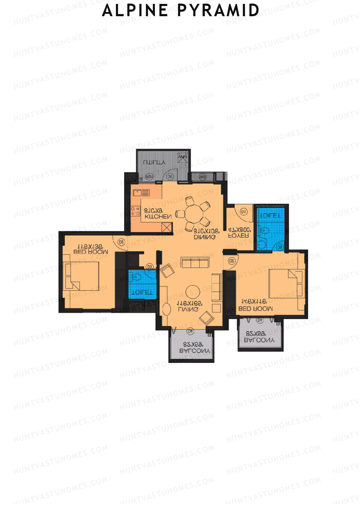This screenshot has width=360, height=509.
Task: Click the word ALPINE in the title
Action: tap(135, 10)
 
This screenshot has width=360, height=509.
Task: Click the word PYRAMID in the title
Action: tap(218, 10)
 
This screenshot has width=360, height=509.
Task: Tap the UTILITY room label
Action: tap(154, 163)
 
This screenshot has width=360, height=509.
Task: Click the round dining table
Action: tap(194, 214)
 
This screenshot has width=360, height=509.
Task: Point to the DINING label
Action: tap(205, 237)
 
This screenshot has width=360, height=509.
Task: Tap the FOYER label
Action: tap(239, 236)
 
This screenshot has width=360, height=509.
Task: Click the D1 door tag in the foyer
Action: tap(243, 212)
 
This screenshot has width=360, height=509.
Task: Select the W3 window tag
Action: tap(202, 177)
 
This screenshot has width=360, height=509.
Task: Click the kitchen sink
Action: tap(141, 193)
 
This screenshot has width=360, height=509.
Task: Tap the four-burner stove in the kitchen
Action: tap(135, 211)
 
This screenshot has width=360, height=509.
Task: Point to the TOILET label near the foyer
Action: tap(270, 216)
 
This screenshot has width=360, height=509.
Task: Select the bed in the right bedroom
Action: tap(285, 283)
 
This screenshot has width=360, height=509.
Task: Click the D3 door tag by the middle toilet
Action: tap(150, 266)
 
